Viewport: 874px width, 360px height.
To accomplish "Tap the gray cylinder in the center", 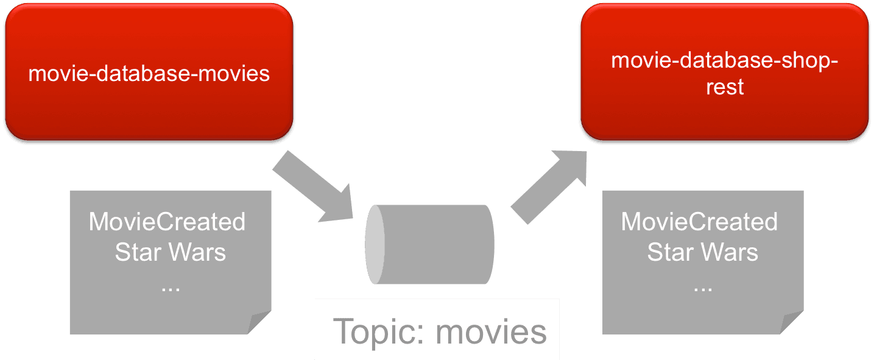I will click(x=439, y=244).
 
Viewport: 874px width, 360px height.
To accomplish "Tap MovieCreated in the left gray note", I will click(x=167, y=222).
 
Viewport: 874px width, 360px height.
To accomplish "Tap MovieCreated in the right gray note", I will click(x=699, y=222).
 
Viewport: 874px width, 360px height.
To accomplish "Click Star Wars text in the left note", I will click(x=170, y=252).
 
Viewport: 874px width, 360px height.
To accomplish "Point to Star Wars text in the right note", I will click(x=702, y=252).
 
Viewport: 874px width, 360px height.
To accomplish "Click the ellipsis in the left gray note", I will click(x=170, y=287).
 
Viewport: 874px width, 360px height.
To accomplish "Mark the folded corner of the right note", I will click(x=791, y=322).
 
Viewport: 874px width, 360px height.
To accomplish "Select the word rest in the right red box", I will click(x=725, y=87).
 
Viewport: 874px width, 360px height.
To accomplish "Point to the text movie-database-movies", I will click(x=149, y=74).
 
